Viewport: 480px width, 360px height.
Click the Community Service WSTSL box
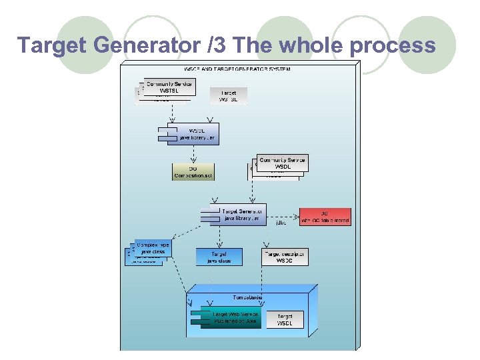tap(169, 87)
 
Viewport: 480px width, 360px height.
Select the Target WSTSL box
tap(228, 95)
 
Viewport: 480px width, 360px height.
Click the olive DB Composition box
tap(193, 171)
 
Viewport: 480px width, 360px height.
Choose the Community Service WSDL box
tap(282, 163)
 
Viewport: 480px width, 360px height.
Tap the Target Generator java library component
tap(237, 215)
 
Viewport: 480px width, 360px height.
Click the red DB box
tap(325, 216)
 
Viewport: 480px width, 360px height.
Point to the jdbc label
tap(281, 223)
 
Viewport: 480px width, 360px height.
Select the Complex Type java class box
tap(152, 249)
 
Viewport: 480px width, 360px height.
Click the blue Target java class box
tap(219, 257)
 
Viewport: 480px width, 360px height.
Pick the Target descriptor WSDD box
tap(285, 257)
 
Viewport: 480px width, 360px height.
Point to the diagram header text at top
tap(237, 69)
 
